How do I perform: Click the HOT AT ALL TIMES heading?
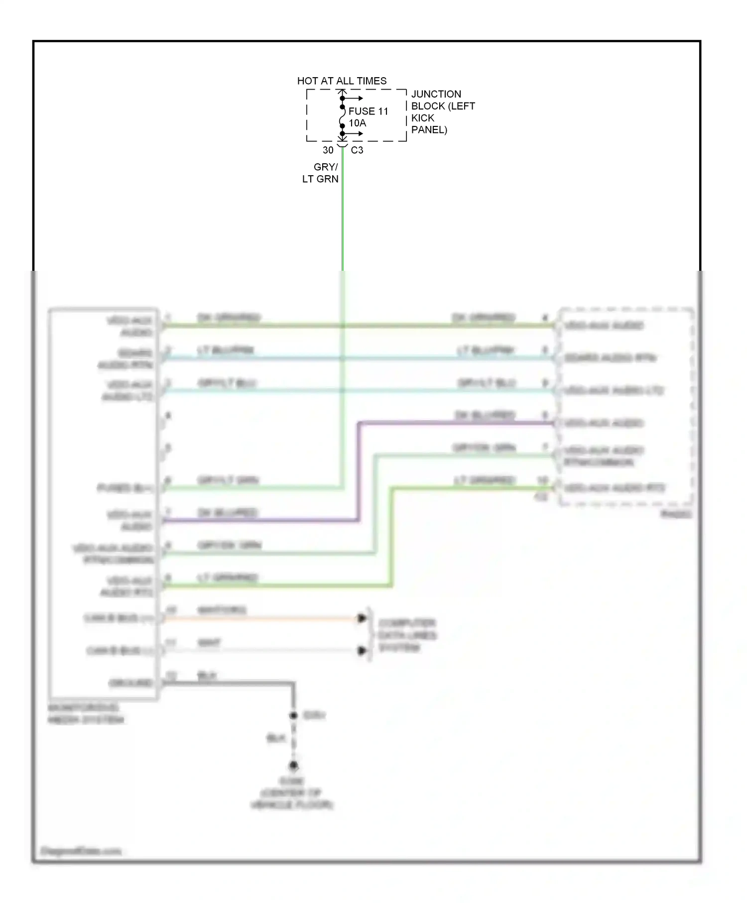pyautogui.click(x=342, y=81)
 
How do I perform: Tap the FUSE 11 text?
pyautogui.click(x=368, y=111)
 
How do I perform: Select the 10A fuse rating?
pyautogui.click(x=357, y=123)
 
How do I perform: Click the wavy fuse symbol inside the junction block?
pyautogui.click(x=342, y=120)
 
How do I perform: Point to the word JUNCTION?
pyautogui.click(x=436, y=94)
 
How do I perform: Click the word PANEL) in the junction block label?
pyautogui.click(x=429, y=130)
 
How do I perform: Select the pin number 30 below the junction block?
pyautogui.click(x=328, y=150)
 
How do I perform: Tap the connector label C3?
pyautogui.click(x=357, y=150)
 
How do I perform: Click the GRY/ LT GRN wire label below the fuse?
pyautogui.click(x=321, y=173)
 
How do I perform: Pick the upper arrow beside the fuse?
pyautogui.click(x=355, y=98)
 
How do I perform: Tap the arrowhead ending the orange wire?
pyautogui.click(x=362, y=618)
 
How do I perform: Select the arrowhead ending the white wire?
pyautogui.click(x=362, y=651)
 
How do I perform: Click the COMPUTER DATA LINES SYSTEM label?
pyautogui.click(x=407, y=635)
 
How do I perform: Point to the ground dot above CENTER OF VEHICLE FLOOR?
pyautogui.click(x=294, y=765)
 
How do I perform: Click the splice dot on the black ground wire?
pyautogui.click(x=294, y=715)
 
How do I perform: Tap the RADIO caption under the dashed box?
pyautogui.click(x=676, y=514)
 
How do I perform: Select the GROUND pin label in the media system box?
pyautogui.click(x=130, y=683)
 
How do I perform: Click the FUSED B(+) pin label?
pyautogui.click(x=125, y=488)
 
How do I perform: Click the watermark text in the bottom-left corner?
pyautogui.click(x=80, y=851)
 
